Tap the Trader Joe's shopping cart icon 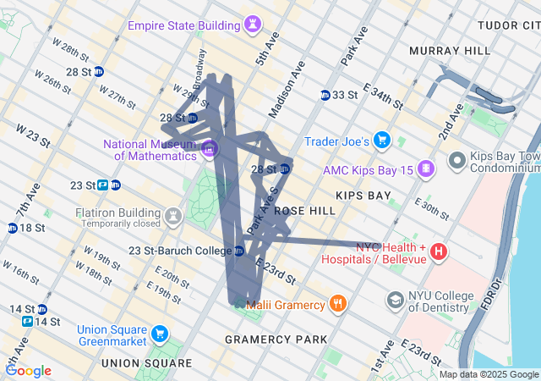click(382, 140)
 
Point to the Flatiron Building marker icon click(174, 216)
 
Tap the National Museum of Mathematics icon click(210, 150)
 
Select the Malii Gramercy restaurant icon click(337, 303)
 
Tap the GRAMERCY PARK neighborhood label click(276, 340)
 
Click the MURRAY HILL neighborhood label click(449, 51)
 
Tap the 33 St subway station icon click(325, 95)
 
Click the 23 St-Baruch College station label click(179, 251)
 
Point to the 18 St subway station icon click(13, 228)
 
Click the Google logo click(28, 370)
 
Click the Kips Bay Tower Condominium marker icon click(457, 158)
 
